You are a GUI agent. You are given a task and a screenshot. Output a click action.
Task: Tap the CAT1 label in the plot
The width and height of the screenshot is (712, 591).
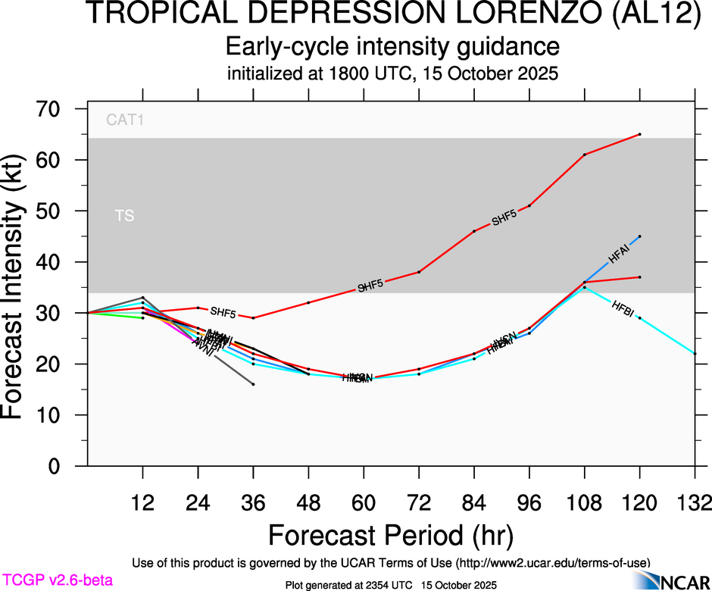tap(125, 119)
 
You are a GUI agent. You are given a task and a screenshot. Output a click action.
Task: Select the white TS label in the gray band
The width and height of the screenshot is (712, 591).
tap(124, 217)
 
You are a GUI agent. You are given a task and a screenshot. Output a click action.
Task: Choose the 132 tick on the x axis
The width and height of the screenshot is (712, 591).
tap(695, 502)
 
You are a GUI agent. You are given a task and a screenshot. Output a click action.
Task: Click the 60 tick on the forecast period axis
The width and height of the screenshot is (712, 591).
tap(364, 502)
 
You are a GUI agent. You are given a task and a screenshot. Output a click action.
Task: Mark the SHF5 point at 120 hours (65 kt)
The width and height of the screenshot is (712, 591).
tap(640, 134)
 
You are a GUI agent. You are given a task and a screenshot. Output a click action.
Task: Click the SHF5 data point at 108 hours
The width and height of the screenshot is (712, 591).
tap(585, 155)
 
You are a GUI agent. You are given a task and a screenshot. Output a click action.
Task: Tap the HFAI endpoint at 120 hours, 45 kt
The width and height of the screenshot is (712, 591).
tap(640, 236)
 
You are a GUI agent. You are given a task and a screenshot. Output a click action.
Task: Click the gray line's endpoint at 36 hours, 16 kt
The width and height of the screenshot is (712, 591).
tap(253, 384)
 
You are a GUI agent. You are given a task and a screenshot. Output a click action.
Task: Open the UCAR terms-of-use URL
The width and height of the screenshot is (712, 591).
tap(552, 562)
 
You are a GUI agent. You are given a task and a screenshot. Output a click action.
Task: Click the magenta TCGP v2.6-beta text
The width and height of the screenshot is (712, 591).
tap(58, 580)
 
